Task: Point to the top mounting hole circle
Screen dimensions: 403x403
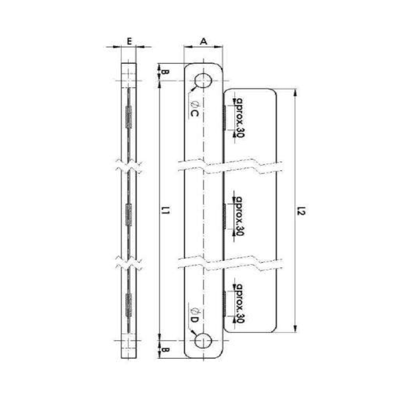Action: coord(204,81)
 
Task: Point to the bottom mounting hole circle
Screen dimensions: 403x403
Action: coord(204,342)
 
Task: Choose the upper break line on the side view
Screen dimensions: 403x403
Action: coord(129,165)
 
